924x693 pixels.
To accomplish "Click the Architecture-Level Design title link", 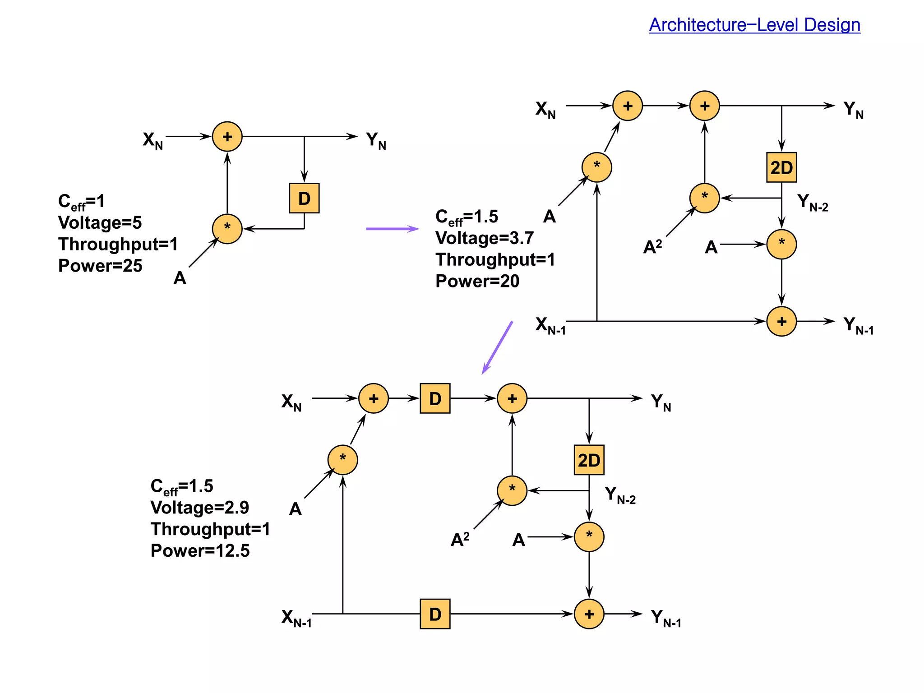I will (x=754, y=25).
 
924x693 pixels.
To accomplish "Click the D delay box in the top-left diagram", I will (x=304, y=198).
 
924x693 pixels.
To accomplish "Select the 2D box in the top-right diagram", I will (x=781, y=167).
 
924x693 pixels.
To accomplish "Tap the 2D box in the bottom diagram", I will (x=589, y=460).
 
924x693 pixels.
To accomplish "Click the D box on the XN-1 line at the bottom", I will (x=435, y=614).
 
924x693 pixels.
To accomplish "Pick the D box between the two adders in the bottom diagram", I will (x=435, y=398).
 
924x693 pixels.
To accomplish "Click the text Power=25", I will (x=100, y=266).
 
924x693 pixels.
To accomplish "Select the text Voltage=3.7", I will (x=485, y=238).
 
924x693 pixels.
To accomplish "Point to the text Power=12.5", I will (x=200, y=550).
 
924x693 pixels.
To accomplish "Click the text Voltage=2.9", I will (x=200, y=508).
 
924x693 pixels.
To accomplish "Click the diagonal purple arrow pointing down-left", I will (x=497, y=347).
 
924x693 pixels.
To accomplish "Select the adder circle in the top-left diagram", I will (x=227, y=136).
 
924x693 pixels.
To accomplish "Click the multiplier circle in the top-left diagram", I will (x=227, y=229).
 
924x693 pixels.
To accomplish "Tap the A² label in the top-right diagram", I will (x=652, y=247).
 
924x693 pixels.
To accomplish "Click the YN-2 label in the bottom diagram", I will (x=620, y=495).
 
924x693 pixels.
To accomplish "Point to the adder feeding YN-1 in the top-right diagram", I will (x=781, y=321).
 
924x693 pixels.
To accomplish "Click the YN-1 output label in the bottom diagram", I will (x=666, y=618).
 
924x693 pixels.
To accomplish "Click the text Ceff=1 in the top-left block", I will (x=81, y=201).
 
